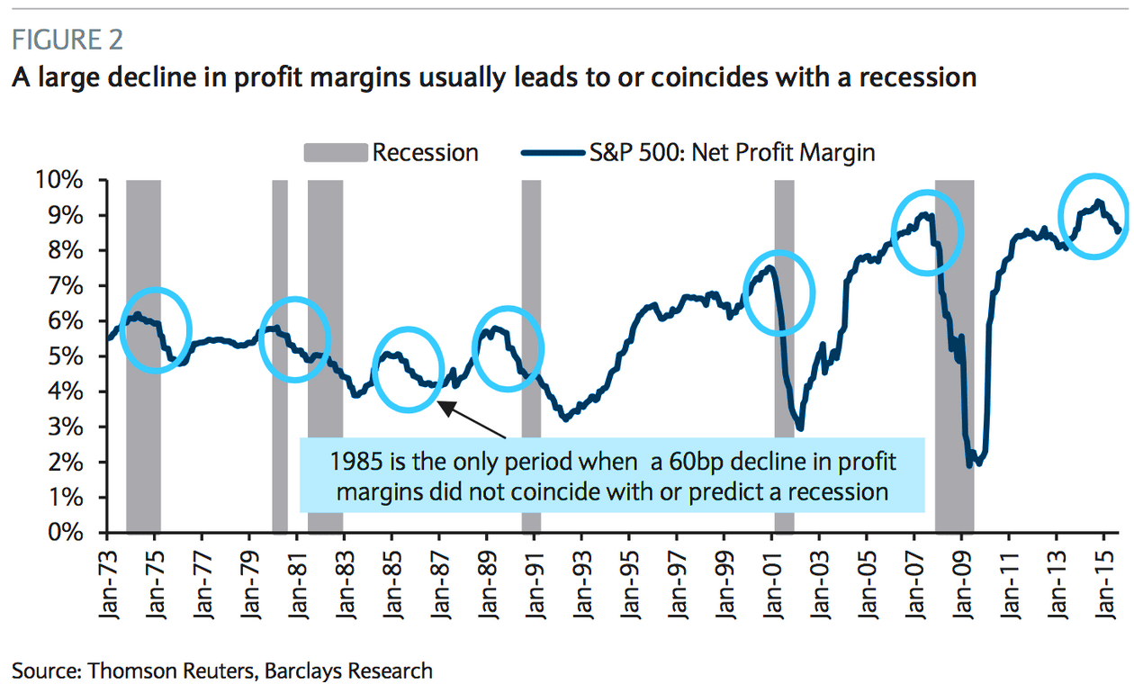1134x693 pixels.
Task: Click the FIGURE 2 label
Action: tap(67, 40)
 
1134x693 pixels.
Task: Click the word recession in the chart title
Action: tap(912, 77)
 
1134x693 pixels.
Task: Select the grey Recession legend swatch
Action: tap(336, 152)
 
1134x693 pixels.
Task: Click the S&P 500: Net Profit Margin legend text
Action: tap(732, 152)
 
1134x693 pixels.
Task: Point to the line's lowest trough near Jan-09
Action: tap(970, 463)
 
